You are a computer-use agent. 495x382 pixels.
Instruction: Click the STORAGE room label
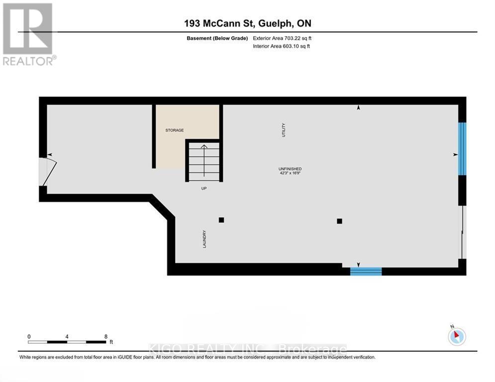pyautogui.click(x=175, y=130)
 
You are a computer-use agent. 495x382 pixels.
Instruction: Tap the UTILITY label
pyautogui.click(x=284, y=130)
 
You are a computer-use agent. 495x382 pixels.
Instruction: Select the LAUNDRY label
pyautogui.click(x=204, y=239)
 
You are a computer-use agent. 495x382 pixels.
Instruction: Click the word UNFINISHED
pyautogui.click(x=290, y=169)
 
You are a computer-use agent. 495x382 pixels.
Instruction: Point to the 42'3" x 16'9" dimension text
pyautogui.click(x=290, y=174)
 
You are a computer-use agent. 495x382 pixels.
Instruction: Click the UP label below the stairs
pyautogui.click(x=203, y=189)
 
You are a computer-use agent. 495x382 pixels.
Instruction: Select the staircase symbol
pyautogui.click(x=203, y=161)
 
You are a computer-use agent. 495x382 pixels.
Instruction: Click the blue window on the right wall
pyautogui.click(x=462, y=149)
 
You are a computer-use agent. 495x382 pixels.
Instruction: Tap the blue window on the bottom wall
pyautogui.click(x=366, y=271)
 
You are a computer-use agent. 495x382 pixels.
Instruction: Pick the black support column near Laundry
pyautogui.click(x=221, y=220)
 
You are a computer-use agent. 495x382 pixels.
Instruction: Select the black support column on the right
pyautogui.click(x=339, y=221)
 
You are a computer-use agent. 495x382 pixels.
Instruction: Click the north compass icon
pyautogui.click(x=457, y=336)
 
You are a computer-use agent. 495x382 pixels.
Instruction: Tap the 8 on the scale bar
pyautogui.click(x=105, y=336)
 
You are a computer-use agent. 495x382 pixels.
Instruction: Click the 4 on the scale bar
pyautogui.click(x=67, y=336)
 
